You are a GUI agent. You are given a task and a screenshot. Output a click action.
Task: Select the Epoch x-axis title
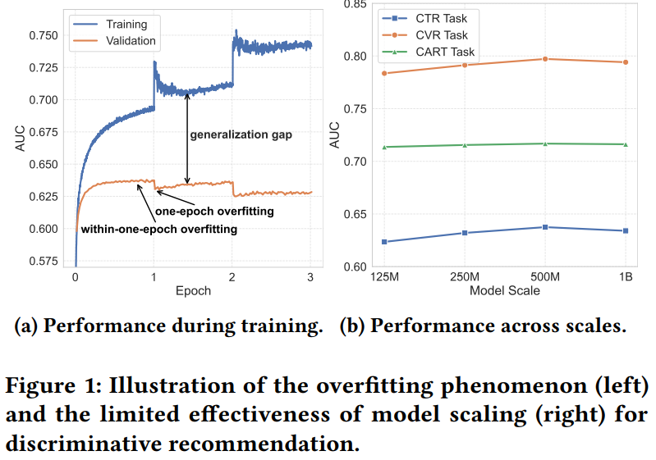click(x=193, y=290)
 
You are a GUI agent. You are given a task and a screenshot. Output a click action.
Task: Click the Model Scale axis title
click(x=505, y=290)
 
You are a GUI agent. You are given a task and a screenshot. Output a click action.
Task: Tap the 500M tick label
click(x=545, y=277)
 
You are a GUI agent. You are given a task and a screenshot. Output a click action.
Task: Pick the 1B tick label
click(x=626, y=277)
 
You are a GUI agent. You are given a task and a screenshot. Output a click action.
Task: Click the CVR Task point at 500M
click(x=545, y=59)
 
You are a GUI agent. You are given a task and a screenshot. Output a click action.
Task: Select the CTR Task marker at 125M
click(x=384, y=242)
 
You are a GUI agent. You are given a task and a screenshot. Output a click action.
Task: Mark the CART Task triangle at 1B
click(x=626, y=144)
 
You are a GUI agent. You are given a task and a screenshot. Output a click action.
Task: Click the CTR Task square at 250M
click(x=465, y=233)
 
